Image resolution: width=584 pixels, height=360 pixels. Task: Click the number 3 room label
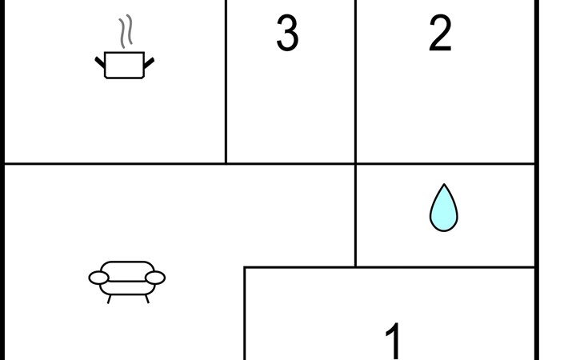click(287, 34)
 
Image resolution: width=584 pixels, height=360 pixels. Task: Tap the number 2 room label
click(440, 34)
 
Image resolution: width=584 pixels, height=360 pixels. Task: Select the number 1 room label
click(393, 340)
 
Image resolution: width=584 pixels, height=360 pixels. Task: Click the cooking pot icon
click(125, 64)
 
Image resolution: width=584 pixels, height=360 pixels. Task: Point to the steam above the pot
click(126, 32)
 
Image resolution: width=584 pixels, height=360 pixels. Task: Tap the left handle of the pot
click(100, 61)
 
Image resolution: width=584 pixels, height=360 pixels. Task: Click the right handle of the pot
click(149, 61)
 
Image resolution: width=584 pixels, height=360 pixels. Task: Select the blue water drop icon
click(443, 209)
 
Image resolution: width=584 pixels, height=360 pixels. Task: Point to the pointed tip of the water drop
click(443, 186)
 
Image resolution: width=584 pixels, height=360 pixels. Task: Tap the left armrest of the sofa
click(98, 278)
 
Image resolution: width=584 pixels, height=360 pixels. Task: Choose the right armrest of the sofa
click(155, 278)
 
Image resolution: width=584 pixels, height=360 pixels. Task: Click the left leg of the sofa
click(110, 299)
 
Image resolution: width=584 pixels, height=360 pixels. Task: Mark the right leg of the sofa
click(146, 299)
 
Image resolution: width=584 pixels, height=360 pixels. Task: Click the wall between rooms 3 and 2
click(355, 80)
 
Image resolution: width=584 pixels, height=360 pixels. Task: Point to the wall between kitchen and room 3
click(226, 80)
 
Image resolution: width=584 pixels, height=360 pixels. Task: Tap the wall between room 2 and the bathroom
click(445, 164)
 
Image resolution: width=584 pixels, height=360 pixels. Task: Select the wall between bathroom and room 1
click(445, 267)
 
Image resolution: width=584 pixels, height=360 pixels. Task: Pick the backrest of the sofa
click(126, 267)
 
